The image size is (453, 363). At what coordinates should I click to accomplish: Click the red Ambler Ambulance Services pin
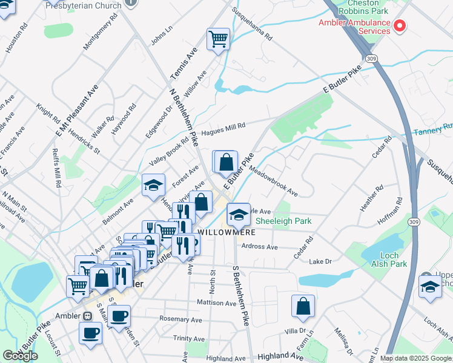tap(400, 25)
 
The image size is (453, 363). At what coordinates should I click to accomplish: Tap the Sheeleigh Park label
tap(283, 221)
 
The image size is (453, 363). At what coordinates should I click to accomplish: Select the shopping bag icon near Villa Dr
tap(303, 306)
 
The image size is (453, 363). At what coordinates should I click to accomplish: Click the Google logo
tap(20, 356)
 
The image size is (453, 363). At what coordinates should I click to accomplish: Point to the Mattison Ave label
tap(216, 302)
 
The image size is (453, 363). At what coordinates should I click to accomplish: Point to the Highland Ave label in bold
tap(280, 358)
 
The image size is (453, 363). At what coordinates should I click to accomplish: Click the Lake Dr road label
tap(320, 261)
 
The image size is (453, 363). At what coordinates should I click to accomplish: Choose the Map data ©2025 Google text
tap(416, 358)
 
